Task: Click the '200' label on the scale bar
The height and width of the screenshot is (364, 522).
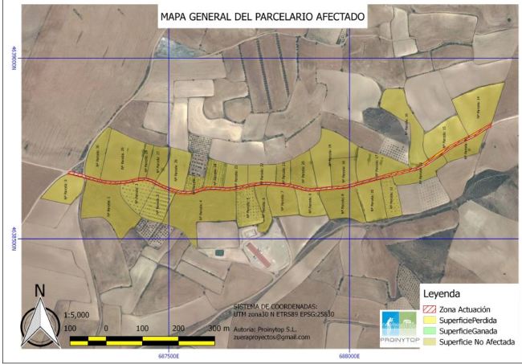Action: [177, 329]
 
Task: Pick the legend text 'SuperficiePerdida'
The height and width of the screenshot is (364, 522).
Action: [472, 320]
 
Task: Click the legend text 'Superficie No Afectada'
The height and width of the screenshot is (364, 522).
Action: [479, 342]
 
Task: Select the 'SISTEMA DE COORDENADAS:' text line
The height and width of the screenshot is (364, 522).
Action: [275, 306]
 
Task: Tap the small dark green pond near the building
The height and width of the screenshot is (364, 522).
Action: [218, 253]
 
